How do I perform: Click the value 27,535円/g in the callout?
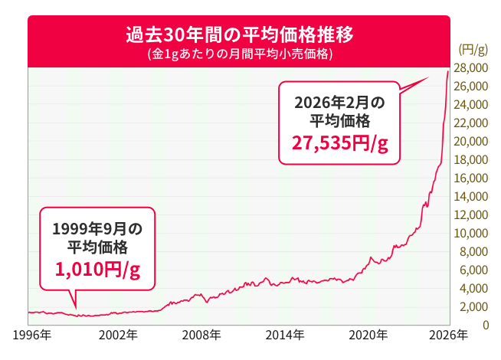click(339, 143)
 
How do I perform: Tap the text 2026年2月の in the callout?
click(339, 102)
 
